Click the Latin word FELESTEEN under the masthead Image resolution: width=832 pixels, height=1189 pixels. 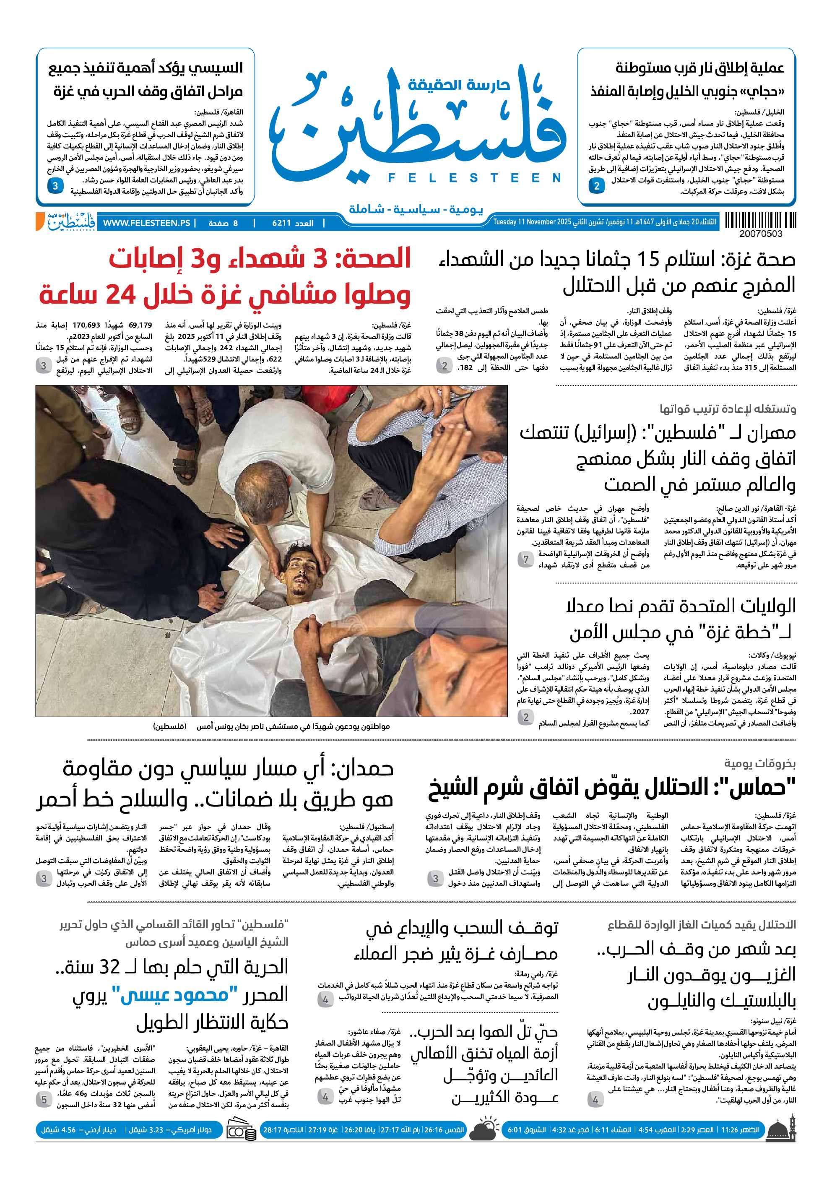pos(474,178)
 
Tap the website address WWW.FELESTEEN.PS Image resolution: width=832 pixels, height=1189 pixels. pos(146,223)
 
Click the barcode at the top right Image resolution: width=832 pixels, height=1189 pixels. pos(760,221)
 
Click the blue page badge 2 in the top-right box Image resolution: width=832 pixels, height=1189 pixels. pos(596,186)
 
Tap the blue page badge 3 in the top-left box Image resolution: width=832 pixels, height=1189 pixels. pos(55,186)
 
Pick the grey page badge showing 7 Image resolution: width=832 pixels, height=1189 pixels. pos(525,559)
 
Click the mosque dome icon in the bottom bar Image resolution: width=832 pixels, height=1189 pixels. pos(781,1129)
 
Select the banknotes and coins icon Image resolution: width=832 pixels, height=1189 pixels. pos(241,1130)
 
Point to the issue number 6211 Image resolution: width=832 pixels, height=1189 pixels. pos(282,223)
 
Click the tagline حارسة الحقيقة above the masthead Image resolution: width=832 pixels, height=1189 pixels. pos(459,84)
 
